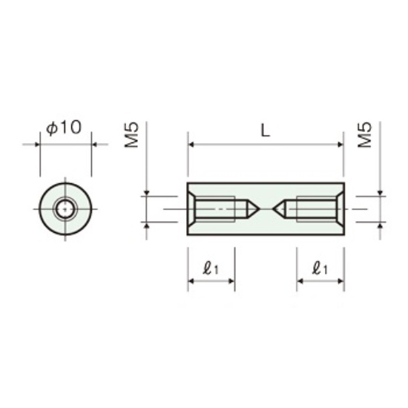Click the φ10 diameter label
(64, 128)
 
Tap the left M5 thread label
(131, 135)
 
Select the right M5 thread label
(365, 135)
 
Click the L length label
(266, 131)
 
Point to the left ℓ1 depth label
(211, 269)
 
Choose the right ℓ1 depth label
(320, 269)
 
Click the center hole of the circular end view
(65, 209)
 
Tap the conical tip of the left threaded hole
(260, 209)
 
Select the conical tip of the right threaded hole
(272, 208)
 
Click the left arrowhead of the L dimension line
(191, 145)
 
